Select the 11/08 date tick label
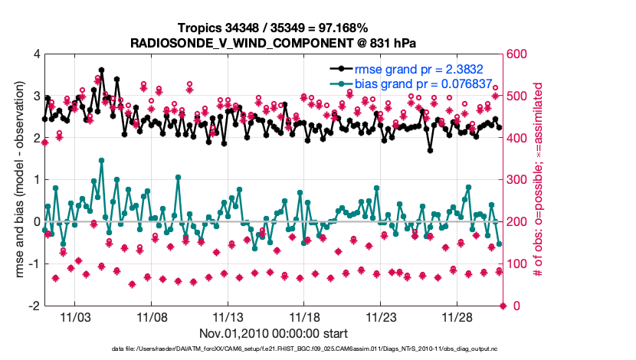tap(152, 316)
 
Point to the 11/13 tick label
tap(228, 316)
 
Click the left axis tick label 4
tap(36, 54)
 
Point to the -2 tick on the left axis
tap(33, 306)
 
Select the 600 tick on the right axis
tap(515, 54)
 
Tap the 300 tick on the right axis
tap(515, 180)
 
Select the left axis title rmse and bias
tap(17, 179)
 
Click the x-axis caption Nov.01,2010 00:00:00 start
tap(274, 333)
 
